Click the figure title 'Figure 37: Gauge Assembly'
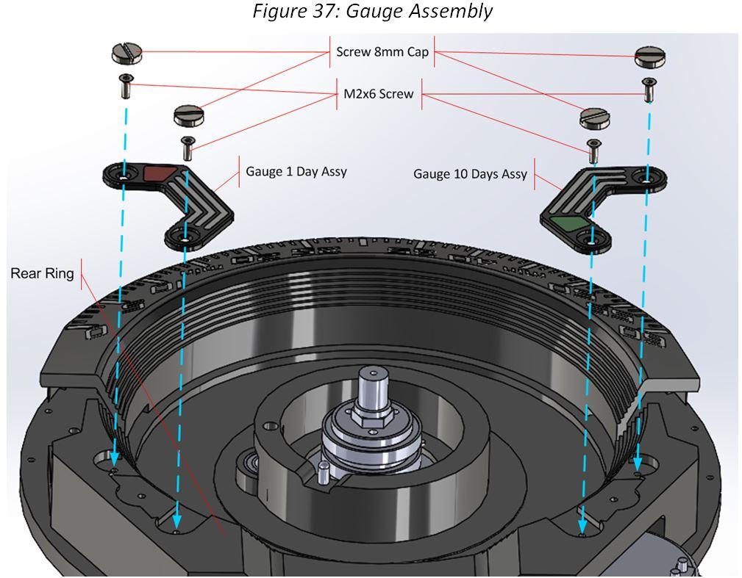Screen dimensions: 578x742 click(x=372, y=12)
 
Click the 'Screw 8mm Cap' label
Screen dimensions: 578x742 click(x=382, y=52)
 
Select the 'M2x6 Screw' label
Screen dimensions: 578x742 click(x=379, y=94)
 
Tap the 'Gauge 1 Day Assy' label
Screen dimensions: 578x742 click(x=296, y=172)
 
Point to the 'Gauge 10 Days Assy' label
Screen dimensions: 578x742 click(x=470, y=174)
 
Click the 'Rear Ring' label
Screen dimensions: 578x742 click(x=42, y=273)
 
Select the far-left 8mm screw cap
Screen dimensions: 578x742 click(x=126, y=52)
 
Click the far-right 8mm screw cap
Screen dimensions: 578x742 click(x=649, y=54)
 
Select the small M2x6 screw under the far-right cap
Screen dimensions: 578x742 click(x=648, y=90)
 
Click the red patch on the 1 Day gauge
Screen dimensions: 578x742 click(x=160, y=173)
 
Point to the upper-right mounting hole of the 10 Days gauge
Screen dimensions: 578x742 click(x=646, y=178)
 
